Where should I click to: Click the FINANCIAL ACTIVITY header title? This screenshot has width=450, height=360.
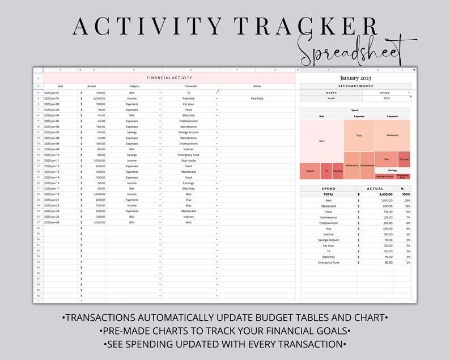coord(169,77)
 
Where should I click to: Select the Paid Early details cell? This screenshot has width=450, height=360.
coord(257,98)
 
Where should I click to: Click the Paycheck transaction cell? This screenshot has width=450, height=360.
coord(189,98)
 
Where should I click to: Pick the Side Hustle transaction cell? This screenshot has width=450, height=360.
coord(189,160)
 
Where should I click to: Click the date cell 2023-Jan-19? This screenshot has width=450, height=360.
coord(52,194)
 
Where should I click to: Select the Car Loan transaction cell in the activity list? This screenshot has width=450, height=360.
coord(189,104)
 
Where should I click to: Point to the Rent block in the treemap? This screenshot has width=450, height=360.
coord(321,141)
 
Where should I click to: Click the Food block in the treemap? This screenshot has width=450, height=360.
coord(359,135)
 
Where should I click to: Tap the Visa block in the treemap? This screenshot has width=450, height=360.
coord(387,159)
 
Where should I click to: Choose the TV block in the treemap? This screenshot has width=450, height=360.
coord(326,171)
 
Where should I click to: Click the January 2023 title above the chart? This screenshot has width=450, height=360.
coord(355,78)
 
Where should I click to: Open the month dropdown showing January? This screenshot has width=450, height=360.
coord(384,92)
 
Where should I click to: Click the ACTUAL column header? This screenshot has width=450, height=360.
coord(375,189)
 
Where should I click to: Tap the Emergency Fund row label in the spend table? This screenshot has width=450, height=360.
coord(328,262)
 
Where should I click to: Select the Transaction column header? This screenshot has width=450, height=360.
coord(190,86)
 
